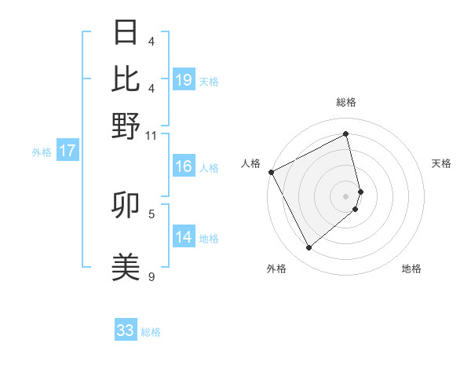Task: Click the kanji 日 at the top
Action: pyautogui.click(x=126, y=33)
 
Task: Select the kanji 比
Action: pyautogui.click(x=126, y=79)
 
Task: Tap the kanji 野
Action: pyautogui.click(x=126, y=125)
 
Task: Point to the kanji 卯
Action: pyautogui.click(x=126, y=206)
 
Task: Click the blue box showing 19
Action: pyautogui.click(x=184, y=80)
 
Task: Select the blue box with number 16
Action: pyautogui.click(x=184, y=166)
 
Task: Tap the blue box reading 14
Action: pyautogui.click(x=184, y=237)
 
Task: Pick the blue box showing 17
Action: pyautogui.click(x=67, y=151)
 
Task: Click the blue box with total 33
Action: pyautogui.click(x=126, y=331)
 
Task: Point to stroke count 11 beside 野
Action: pyautogui.click(x=152, y=135)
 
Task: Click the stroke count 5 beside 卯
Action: pyautogui.click(x=152, y=213)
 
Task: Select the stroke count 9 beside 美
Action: pyautogui.click(x=152, y=276)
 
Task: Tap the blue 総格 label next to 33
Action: pyautogui.click(x=151, y=332)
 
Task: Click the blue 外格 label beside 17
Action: pyautogui.click(x=42, y=152)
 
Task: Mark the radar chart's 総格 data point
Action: pyautogui.click(x=346, y=134)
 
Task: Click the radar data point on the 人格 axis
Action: pyautogui.click(x=271, y=172)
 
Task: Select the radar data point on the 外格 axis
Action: pyautogui.click(x=309, y=248)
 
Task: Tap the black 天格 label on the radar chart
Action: pyautogui.click(x=441, y=163)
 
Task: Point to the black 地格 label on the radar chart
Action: pyautogui.click(x=411, y=269)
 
